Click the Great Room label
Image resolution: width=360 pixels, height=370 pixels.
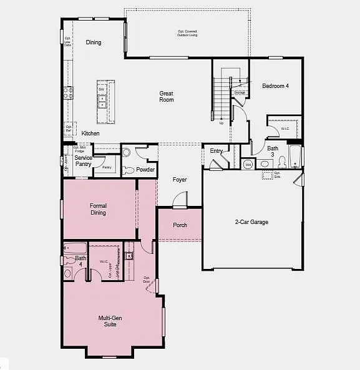(x=166, y=97)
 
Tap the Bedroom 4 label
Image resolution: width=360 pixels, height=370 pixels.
(x=275, y=86)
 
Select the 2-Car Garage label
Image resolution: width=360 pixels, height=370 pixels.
(x=251, y=222)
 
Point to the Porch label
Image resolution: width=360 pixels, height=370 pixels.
(x=180, y=225)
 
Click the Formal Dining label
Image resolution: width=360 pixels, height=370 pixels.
(x=98, y=209)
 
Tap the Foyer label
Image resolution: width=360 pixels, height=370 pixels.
(x=180, y=180)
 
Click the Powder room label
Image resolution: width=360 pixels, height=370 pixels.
(x=145, y=170)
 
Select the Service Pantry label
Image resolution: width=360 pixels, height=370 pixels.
(x=83, y=161)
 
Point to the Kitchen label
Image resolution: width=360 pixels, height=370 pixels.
(x=90, y=134)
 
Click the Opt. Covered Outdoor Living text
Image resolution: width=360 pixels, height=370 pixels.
(x=187, y=32)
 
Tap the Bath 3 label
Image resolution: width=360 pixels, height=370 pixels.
(x=273, y=152)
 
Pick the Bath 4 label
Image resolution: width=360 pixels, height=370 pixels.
(x=81, y=261)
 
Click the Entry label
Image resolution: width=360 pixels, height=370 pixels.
(x=216, y=151)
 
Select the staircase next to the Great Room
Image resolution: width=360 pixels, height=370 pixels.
(x=222, y=97)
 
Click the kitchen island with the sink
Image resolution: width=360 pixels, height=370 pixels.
(x=102, y=102)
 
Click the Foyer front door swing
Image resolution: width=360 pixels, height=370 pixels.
(x=180, y=200)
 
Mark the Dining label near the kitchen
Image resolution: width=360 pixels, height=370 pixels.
(x=94, y=42)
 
